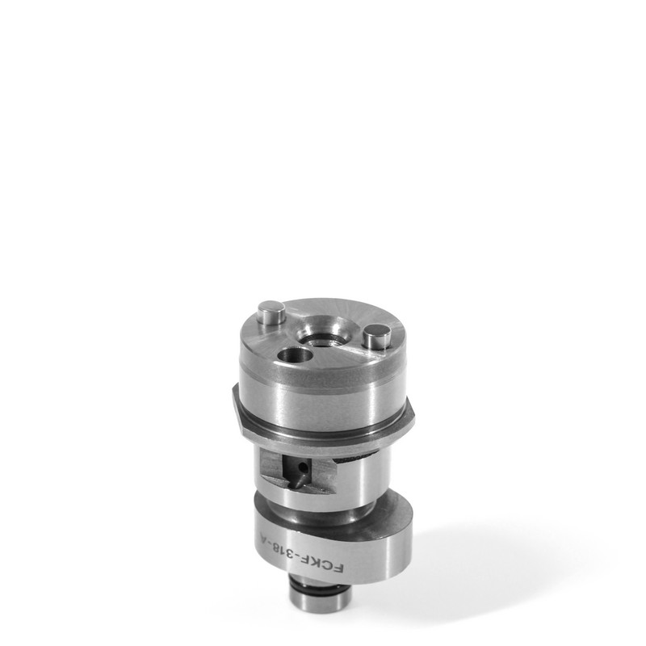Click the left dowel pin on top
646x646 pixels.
pyautogui.click(x=271, y=311)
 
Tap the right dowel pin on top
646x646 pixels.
pyautogui.click(x=376, y=334)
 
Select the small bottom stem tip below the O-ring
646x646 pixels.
pyautogui.click(x=321, y=619)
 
